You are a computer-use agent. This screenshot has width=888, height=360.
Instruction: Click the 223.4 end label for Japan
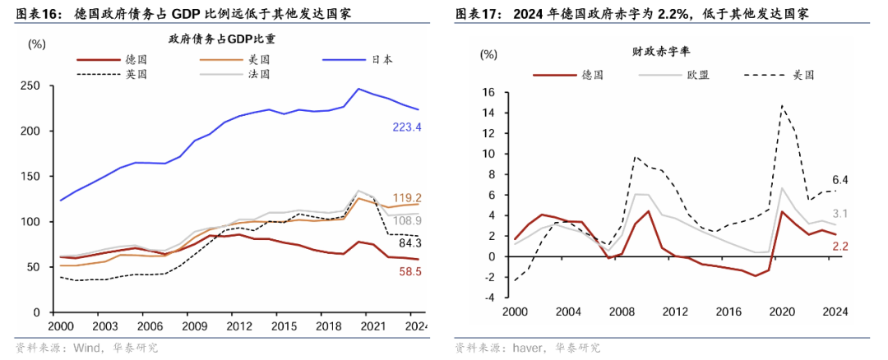click(x=406, y=127)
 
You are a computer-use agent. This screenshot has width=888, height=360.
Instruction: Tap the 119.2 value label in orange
click(x=406, y=198)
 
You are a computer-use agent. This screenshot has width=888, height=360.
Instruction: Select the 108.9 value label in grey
click(x=406, y=221)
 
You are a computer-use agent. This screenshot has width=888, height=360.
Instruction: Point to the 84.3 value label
click(x=409, y=243)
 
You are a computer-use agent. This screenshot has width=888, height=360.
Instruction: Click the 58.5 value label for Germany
click(x=409, y=271)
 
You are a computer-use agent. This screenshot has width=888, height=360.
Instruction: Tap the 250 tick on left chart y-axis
click(x=33, y=85)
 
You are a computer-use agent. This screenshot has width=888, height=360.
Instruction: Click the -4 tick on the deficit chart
click(x=489, y=298)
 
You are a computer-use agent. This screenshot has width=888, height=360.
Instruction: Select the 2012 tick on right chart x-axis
click(x=674, y=312)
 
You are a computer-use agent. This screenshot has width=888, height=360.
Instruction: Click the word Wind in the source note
click(x=88, y=348)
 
